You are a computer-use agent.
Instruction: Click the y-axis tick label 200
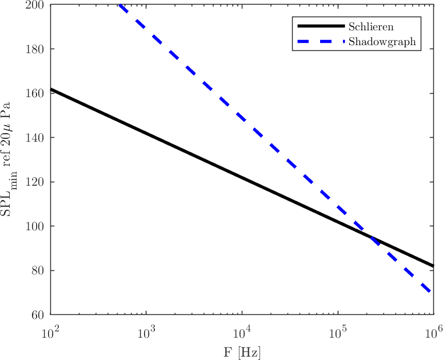pos(37,5)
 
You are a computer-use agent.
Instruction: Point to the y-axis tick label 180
pos(37,49)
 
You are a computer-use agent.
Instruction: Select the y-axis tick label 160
pos(37,93)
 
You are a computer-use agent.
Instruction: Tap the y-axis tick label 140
pos(37,138)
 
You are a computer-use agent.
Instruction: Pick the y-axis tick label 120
pos(37,182)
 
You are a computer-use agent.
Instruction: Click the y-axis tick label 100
pos(37,226)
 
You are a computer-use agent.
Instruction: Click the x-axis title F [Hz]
pos(242,351)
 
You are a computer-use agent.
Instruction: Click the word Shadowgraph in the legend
pos(381,42)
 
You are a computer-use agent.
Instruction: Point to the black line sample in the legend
pos(320,26)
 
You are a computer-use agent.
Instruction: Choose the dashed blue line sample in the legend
pos(320,42)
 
